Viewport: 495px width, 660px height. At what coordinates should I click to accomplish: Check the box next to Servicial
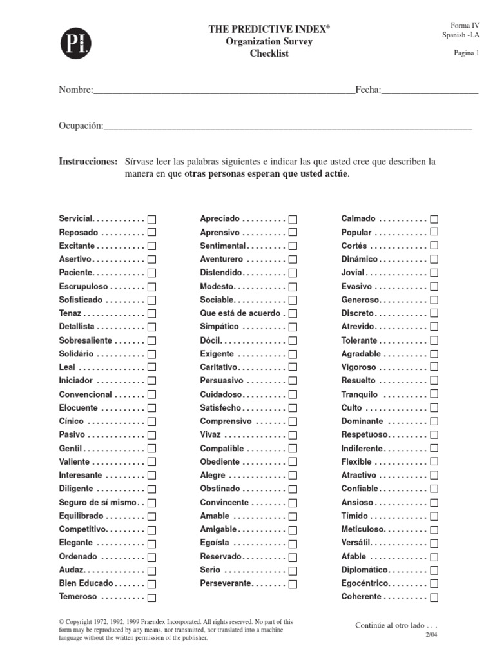coord(152,219)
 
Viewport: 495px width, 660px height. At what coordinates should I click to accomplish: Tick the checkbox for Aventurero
coord(293,259)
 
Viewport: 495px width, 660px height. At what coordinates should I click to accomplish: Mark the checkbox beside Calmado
coord(434,219)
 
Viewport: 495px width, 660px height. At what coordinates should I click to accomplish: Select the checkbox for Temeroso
coord(152,597)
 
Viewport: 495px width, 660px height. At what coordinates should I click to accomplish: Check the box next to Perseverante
coord(293,584)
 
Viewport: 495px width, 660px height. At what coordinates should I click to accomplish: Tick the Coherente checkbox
coord(434,597)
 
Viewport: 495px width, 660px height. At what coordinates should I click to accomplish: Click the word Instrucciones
coord(88,160)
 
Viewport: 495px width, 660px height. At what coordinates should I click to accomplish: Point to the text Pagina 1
coord(466,53)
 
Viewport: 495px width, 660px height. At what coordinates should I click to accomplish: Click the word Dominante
coord(362,421)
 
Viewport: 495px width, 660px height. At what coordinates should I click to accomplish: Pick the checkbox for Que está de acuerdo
coord(293,313)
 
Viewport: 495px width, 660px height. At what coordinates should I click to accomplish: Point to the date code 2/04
coord(431,636)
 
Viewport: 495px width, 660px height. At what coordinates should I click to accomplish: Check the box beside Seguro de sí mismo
coord(152,503)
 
